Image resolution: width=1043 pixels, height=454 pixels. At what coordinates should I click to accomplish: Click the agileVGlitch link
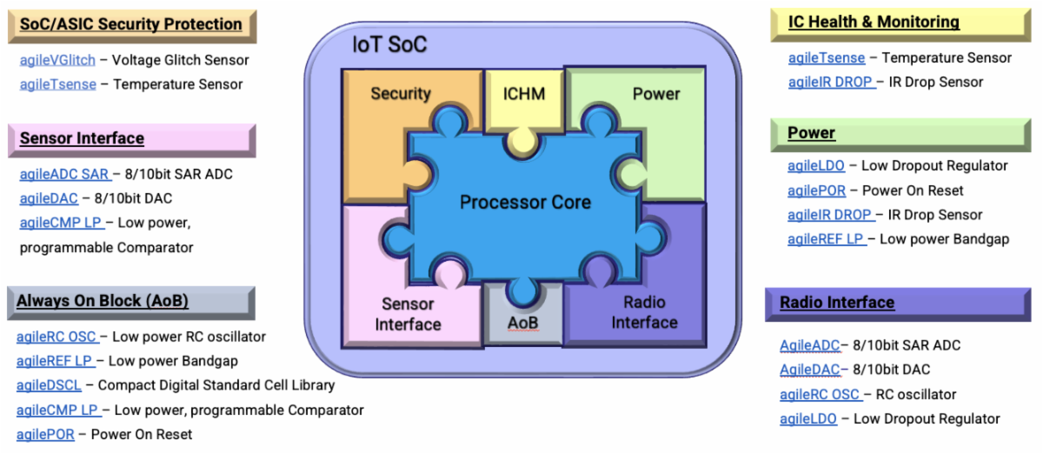pos(57,60)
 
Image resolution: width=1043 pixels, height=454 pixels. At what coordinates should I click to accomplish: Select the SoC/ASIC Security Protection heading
pos(130,24)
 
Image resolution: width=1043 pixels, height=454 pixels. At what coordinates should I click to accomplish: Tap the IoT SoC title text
pos(389,44)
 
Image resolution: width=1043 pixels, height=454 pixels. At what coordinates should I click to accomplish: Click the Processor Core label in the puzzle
pos(525,203)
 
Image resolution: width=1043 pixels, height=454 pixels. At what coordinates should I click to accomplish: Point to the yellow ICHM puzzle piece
pos(524,94)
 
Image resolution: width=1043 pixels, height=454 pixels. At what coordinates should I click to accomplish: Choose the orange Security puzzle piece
pos(401,94)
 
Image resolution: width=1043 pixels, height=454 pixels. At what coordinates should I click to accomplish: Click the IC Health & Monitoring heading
pos(874,22)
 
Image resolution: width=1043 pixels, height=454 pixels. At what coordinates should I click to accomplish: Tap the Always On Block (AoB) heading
pos(103,301)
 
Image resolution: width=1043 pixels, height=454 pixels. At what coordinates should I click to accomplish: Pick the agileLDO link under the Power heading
pos(816,165)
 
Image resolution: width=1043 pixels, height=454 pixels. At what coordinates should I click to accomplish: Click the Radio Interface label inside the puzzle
pos(644,312)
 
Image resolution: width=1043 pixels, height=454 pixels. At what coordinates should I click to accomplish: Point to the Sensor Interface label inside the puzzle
pos(408,314)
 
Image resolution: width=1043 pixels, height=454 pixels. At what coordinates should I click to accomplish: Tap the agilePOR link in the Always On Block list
pos(43,434)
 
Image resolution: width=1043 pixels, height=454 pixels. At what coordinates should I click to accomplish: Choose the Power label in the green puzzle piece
pos(656,94)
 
